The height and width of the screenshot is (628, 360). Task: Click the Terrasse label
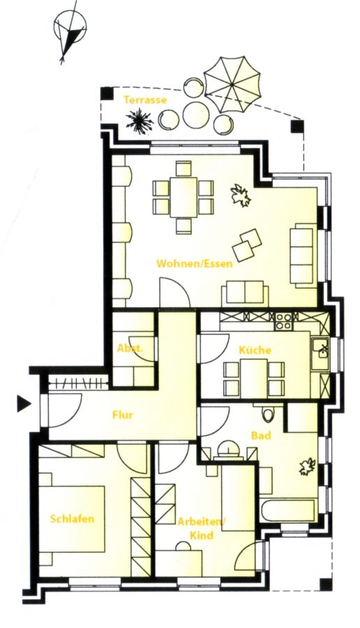click(144, 100)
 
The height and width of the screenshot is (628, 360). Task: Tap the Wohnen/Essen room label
click(194, 264)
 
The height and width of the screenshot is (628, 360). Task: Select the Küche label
click(255, 350)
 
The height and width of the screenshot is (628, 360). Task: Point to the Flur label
click(123, 415)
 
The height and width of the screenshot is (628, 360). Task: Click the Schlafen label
click(72, 518)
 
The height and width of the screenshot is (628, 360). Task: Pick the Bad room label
click(261, 435)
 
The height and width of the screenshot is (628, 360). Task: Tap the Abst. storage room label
click(130, 348)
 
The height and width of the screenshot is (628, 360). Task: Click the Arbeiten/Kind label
click(202, 529)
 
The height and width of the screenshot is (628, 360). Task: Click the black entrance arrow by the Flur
click(24, 403)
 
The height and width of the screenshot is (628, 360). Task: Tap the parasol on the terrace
click(232, 84)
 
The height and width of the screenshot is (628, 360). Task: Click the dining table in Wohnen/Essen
click(183, 197)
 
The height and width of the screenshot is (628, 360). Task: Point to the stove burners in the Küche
click(283, 321)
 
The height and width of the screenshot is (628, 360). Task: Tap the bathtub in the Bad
click(289, 510)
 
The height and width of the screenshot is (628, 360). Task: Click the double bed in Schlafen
click(72, 519)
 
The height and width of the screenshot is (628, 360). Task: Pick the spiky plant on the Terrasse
click(140, 121)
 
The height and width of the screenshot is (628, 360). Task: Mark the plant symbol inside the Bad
click(308, 467)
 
